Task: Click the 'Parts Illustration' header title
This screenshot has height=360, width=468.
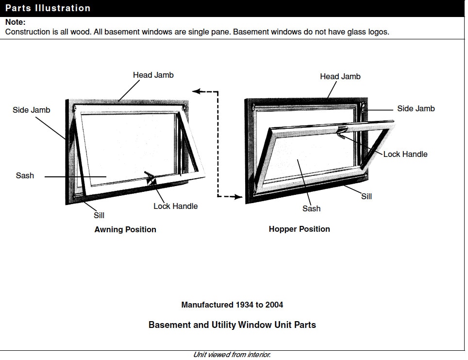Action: click(x=48, y=8)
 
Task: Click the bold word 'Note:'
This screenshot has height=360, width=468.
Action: click(x=15, y=22)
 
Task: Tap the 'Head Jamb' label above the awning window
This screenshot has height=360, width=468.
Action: click(x=153, y=75)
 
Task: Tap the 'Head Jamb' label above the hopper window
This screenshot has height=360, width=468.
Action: click(x=340, y=76)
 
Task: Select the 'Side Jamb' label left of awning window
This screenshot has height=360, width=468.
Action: click(x=31, y=110)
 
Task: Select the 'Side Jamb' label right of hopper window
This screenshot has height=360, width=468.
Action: click(x=416, y=108)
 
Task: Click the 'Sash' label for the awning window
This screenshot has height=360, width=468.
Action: click(x=25, y=175)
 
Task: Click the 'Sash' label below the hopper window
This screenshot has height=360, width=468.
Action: click(x=311, y=208)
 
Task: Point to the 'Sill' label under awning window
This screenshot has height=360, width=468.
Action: click(x=99, y=215)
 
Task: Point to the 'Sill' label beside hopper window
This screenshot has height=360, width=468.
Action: click(x=367, y=196)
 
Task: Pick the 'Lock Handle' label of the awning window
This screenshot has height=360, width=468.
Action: click(x=175, y=206)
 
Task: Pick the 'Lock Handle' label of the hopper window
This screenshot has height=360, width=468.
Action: click(x=405, y=154)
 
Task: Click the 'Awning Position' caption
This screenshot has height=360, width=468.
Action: click(x=125, y=229)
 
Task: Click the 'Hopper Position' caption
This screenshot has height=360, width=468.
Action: click(x=299, y=229)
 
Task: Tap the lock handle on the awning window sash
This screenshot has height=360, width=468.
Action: click(x=150, y=178)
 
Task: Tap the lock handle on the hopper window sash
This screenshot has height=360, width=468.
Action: click(x=342, y=130)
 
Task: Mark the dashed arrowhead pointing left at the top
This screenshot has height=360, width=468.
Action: click(x=196, y=91)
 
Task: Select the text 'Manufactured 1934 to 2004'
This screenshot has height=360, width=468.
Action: click(x=232, y=305)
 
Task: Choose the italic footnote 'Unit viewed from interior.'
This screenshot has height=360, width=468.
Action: click(x=232, y=355)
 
